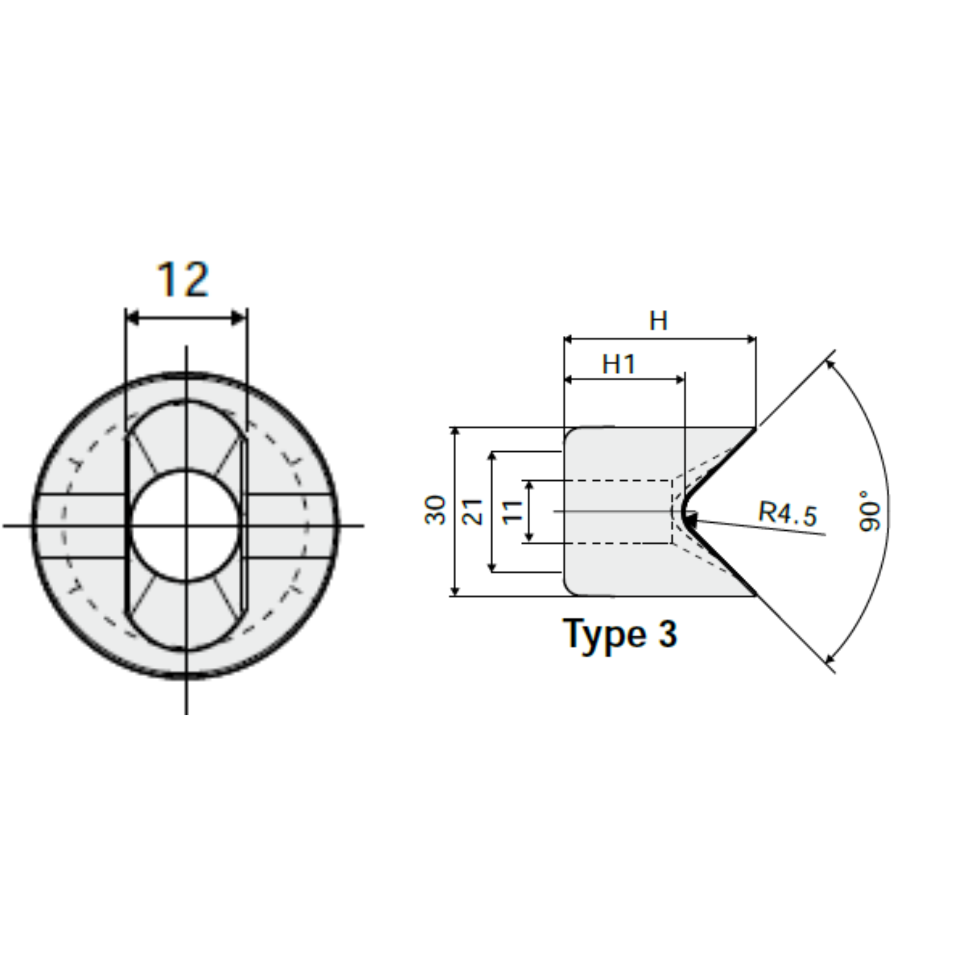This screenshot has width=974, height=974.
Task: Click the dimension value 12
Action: (183, 279)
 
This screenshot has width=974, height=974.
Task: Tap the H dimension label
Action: (658, 321)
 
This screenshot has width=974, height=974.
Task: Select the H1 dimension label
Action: (619, 364)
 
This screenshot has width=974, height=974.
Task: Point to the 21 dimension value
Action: (473, 511)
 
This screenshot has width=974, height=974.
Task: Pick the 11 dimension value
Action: (513, 511)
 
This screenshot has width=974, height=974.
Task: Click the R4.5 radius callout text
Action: (788, 514)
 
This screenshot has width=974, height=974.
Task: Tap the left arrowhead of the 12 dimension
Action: (132, 318)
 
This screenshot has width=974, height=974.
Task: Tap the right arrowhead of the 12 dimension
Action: (239, 318)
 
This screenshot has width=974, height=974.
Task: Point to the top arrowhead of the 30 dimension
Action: (455, 431)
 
